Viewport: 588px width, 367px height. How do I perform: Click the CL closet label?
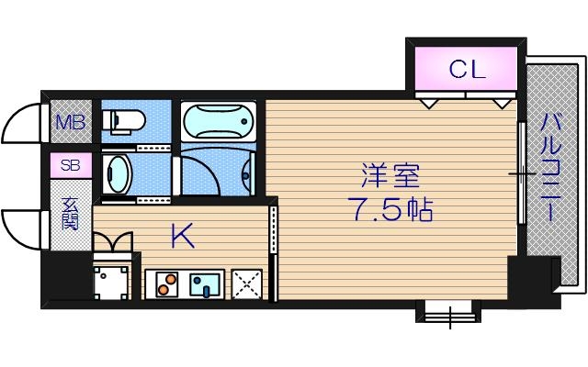[x=467, y=70]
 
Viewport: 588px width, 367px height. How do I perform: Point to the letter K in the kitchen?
[x=182, y=238]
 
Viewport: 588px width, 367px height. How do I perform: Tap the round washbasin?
[x=119, y=172]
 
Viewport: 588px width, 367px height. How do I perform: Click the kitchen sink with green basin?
[x=205, y=284]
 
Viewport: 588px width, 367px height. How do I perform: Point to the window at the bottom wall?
[x=449, y=312]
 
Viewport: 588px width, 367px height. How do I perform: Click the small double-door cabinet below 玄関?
[x=113, y=242]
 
